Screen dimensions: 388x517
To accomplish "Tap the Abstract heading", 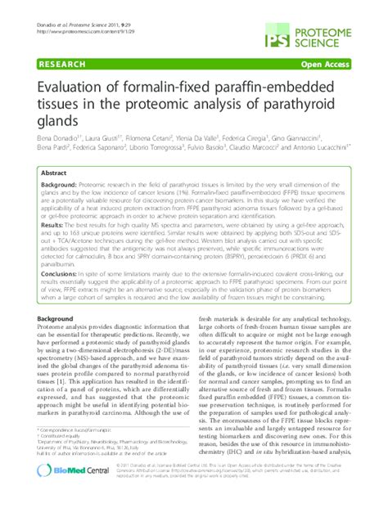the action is (x=54, y=175).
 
